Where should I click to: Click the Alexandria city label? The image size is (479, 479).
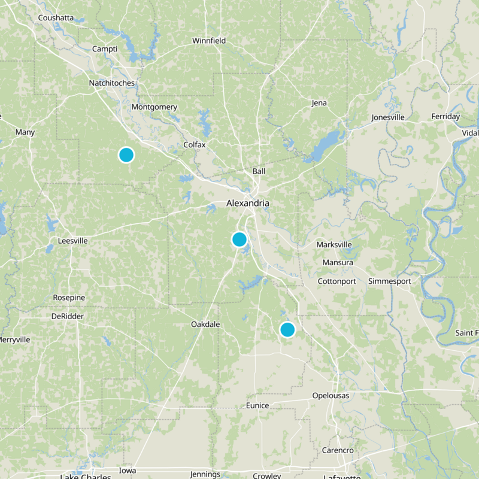pos(247,204)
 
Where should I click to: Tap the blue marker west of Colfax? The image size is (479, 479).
pos(126,154)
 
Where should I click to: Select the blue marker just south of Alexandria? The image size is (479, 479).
pos(239,239)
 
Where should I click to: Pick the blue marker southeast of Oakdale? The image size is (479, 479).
pos(287,329)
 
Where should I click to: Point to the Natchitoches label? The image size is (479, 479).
pos(112,83)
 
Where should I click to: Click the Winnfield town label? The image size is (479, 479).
pos(209,41)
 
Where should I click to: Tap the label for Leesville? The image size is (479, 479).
pos(72,241)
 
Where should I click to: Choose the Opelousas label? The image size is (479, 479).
pos(331,396)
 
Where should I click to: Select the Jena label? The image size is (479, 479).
pos(319,103)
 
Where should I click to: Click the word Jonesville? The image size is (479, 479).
pos(388,117)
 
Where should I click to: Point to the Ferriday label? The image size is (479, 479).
pos(445,116)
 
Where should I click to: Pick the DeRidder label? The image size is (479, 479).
pos(68,316)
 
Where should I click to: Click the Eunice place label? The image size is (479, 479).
pos(257,405)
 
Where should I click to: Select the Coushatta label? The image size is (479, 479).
pos(56,18)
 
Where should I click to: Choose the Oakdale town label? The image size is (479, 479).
pos(205,324)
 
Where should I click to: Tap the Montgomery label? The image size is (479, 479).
pos(154,107)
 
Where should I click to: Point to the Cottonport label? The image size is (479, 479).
pos(336,281)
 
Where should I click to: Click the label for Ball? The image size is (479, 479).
pos(259,171)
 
